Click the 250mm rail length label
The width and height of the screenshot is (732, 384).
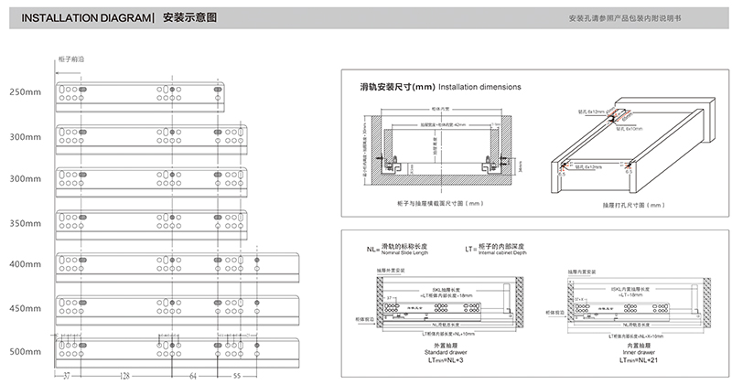click(26, 92)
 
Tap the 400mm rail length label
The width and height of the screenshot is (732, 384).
click(26, 264)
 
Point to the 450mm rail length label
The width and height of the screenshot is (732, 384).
click(26, 307)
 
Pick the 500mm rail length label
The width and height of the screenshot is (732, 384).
click(26, 352)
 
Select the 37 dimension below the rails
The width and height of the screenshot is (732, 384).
click(68, 376)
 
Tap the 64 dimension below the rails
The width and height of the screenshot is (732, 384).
click(193, 376)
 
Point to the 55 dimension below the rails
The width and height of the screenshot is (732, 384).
click(237, 376)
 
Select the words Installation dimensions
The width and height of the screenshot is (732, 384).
click(480, 87)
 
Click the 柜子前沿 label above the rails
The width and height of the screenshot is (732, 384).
click(70, 59)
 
